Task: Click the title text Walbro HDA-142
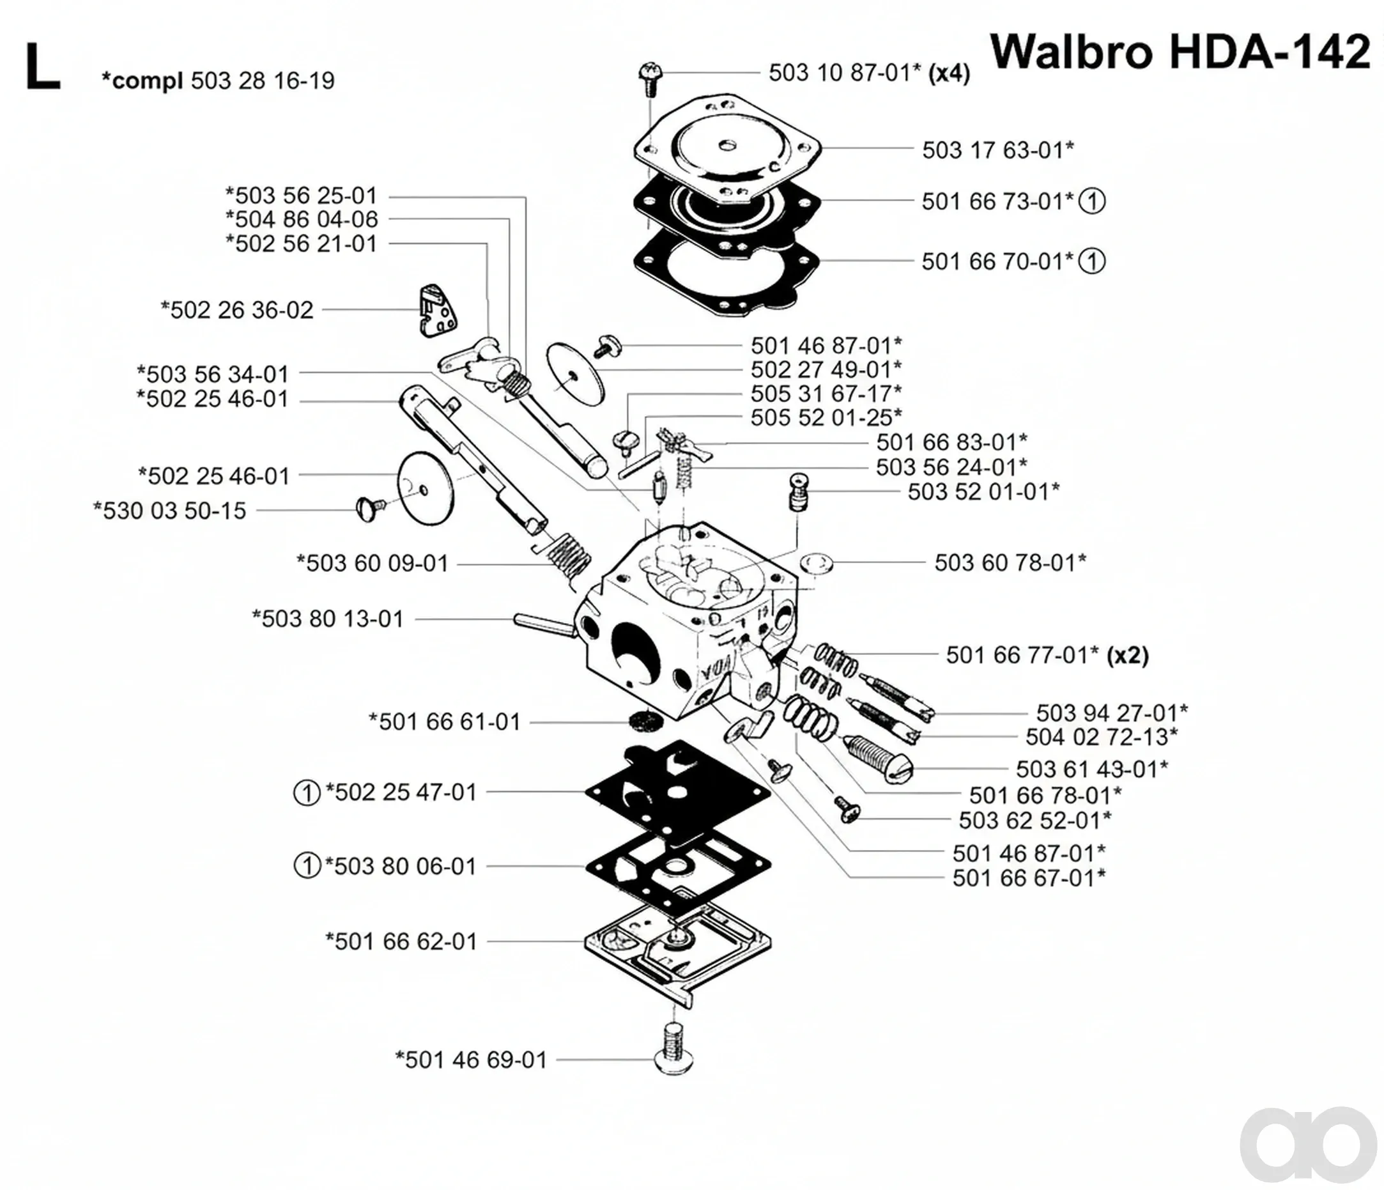click(1181, 52)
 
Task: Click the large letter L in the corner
click(43, 67)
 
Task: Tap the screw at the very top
click(648, 78)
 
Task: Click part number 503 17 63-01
click(998, 150)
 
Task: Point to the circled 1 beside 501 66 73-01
click(1092, 201)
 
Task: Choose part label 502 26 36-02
click(236, 310)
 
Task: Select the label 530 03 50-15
click(170, 511)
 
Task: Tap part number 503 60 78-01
click(1010, 562)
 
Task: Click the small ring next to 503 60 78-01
click(815, 562)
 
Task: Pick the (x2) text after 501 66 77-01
click(1128, 656)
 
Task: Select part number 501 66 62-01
click(401, 941)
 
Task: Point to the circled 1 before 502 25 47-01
click(307, 793)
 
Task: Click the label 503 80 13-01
click(327, 619)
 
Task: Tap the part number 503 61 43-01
click(1092, 769)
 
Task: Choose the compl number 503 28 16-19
click(263, 81)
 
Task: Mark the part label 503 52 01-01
click(983, 491)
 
